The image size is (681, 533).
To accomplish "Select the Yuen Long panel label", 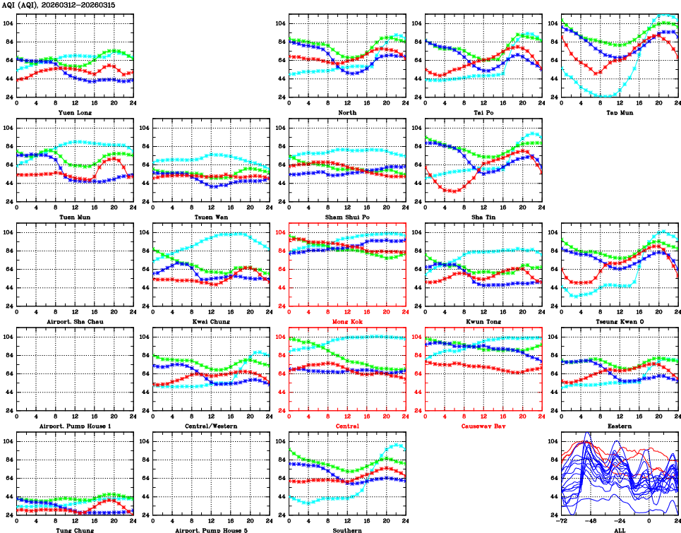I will click(x=74, y=112).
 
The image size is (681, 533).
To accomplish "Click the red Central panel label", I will click(x=346, y=426).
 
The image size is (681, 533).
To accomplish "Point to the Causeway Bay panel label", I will click(x=483, y=426).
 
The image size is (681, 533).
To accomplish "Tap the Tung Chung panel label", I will click(x=74, y=529).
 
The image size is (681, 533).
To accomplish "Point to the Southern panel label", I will click(x=346, y=529).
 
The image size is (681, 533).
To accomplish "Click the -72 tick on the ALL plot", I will click(x=562, y=522).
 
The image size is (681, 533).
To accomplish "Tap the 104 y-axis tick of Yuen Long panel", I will click(x=8, y=23).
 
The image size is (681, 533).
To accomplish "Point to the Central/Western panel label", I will click(x=210, y=426).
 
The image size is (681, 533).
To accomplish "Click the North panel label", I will click(x=346, y=112).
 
